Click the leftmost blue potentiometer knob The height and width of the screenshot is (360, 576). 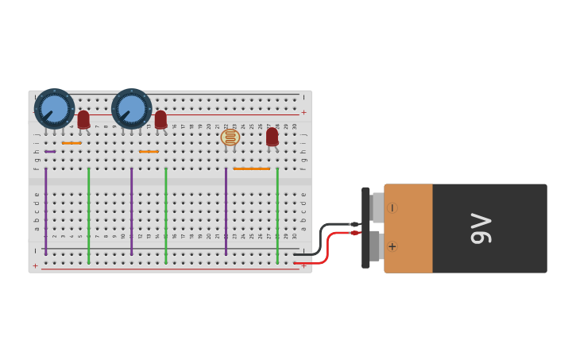54,109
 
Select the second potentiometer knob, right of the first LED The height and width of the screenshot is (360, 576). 131,109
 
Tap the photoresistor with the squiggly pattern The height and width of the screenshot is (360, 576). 230,137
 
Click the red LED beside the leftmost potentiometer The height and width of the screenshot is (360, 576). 83,119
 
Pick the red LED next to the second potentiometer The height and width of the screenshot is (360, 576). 160,119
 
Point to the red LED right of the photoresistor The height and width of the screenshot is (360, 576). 272,137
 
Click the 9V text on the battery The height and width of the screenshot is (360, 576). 481,228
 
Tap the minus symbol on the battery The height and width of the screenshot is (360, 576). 392,208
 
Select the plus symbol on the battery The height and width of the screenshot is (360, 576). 392,246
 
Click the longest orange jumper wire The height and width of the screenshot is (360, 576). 251,168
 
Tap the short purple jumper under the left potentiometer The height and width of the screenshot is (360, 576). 50,151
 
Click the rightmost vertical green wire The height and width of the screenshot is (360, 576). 277,215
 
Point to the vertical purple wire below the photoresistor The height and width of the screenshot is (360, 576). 226,211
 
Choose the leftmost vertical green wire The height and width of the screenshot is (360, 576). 88,215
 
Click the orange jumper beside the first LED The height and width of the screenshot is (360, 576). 72,143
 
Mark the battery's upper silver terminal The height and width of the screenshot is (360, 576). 377,207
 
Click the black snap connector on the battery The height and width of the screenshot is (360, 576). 365,227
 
